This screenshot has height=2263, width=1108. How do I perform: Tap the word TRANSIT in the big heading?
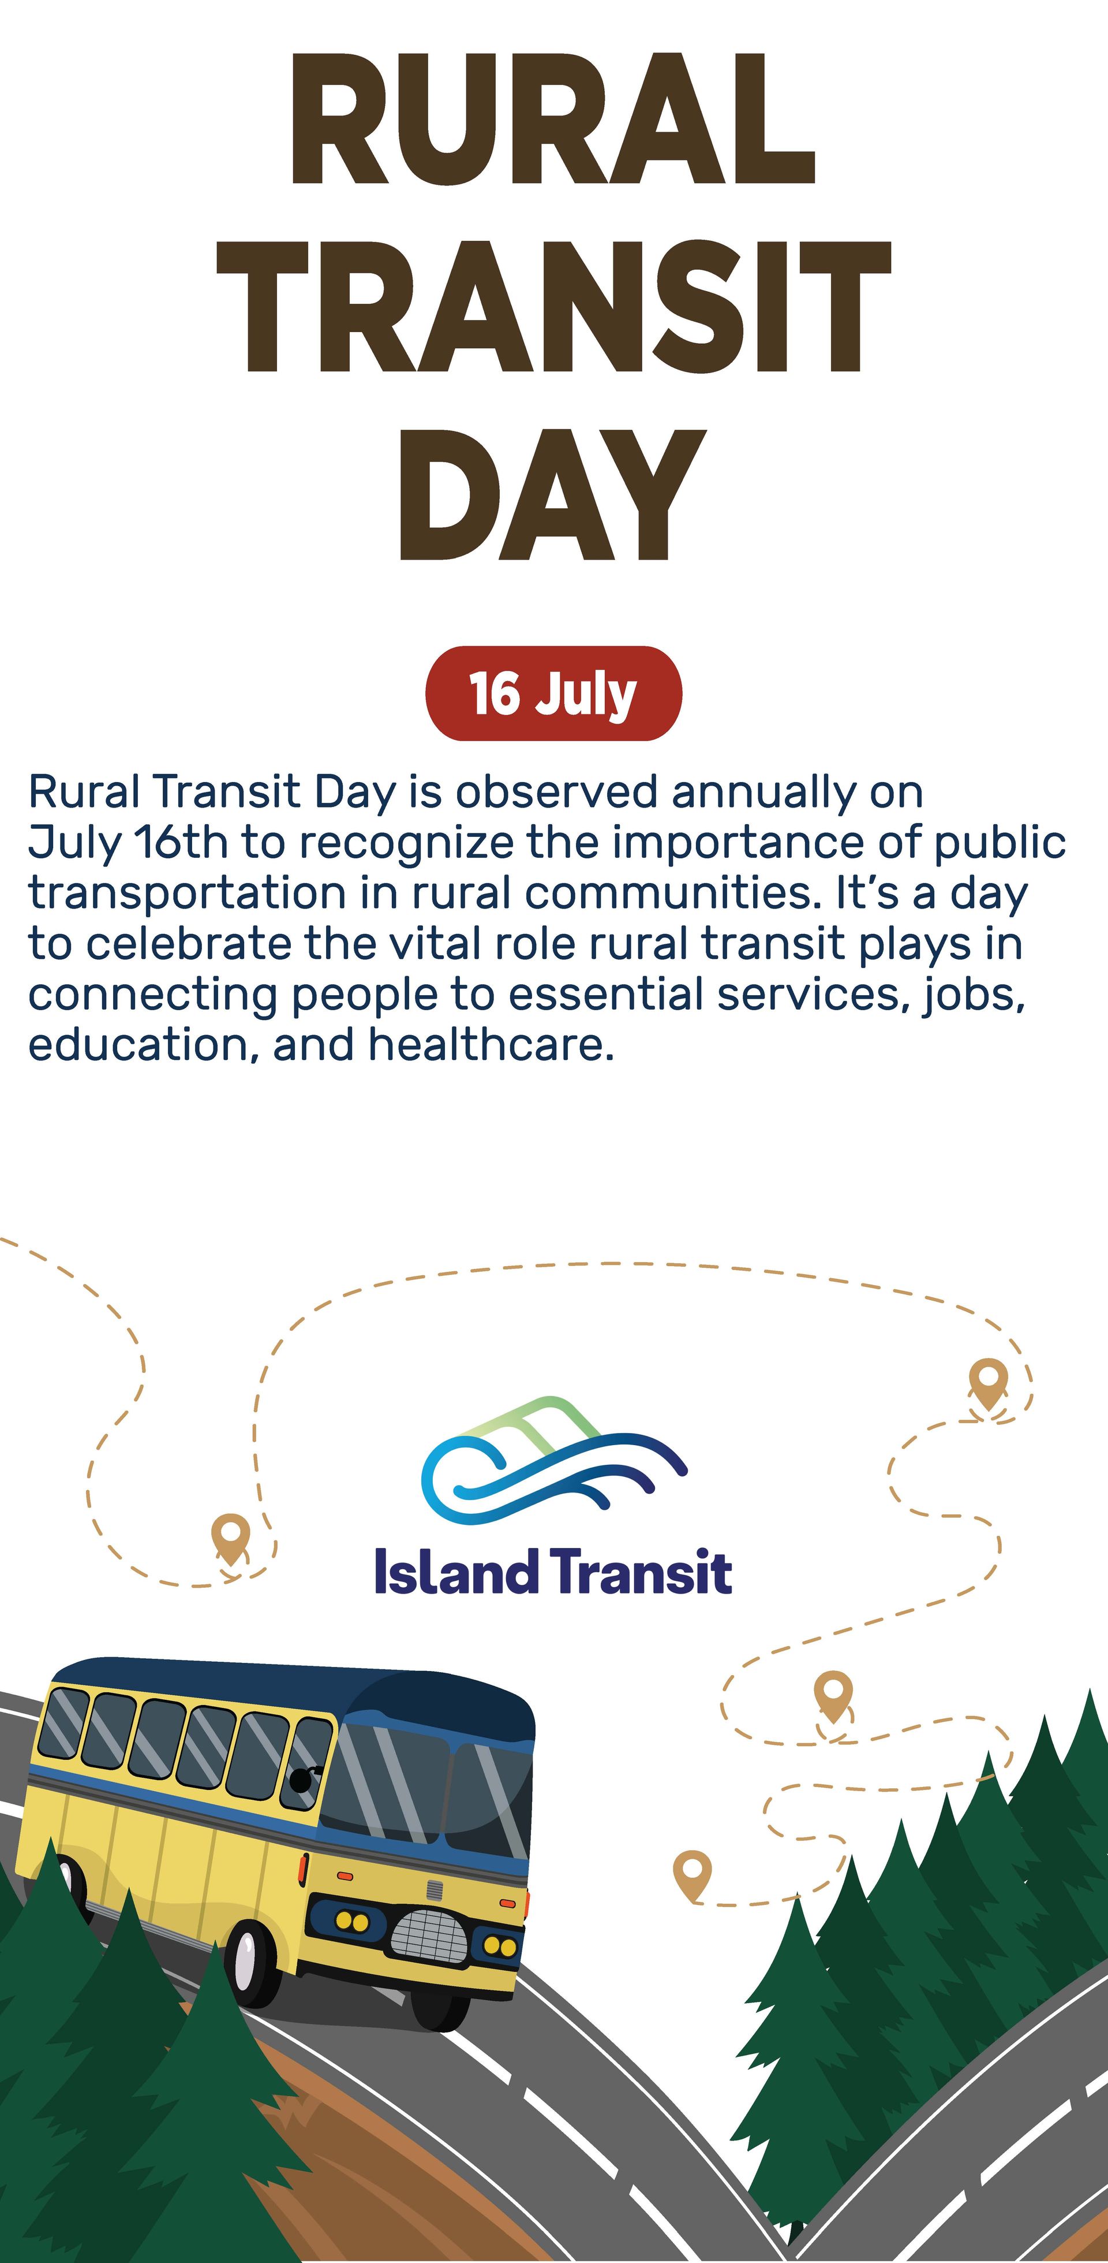pyautogui.click(x=553, y=307)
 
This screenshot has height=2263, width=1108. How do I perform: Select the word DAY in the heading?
pyautogui.click(x=553, y=496)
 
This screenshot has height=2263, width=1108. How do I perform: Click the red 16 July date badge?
pyautogui.click(x=553, y=693)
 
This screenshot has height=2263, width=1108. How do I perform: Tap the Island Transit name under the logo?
pyautogui.click(x=553, y=1572)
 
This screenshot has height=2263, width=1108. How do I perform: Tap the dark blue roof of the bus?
pyautogui.click(x=290, y=1685)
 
